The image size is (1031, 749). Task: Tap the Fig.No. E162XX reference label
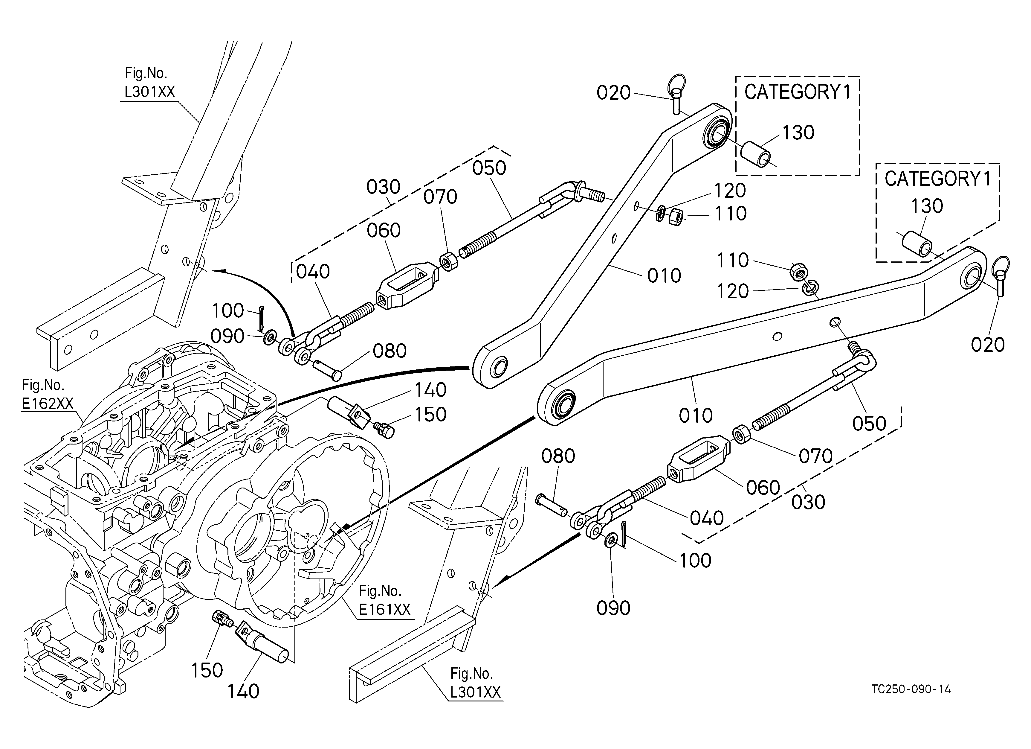click(x=47, y=394)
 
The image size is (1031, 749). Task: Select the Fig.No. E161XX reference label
click(x=385, y=600)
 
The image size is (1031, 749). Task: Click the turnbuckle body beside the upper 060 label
click(x=407, y=285)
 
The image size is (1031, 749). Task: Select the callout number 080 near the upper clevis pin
click(x=389, y=351)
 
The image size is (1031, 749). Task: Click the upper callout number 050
click(x=489, y=168)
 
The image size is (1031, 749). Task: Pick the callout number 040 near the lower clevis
click(x=706, y=518)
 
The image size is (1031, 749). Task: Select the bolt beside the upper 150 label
click(x=384, y=429)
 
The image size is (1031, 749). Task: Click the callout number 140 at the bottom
click(x=243, y=691)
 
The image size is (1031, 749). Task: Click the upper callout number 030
click(x=383, y=187)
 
